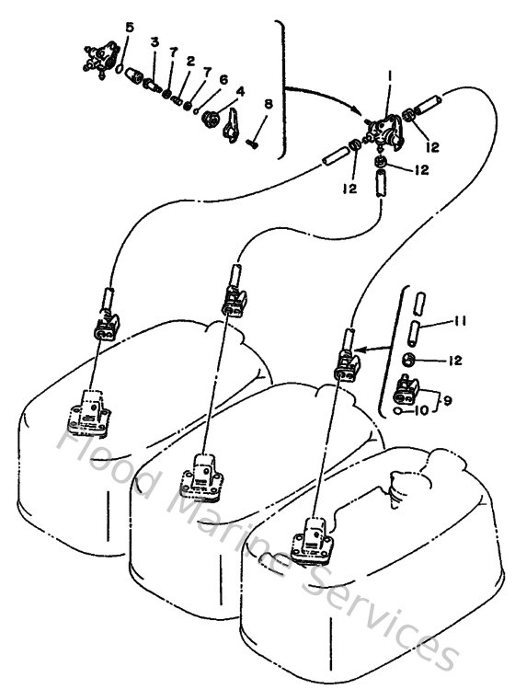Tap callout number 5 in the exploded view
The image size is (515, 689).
coord(129,29)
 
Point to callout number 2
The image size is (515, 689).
coord(189,62)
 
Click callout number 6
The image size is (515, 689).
coord(223,80)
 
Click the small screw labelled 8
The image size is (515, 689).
coord(256,139)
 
